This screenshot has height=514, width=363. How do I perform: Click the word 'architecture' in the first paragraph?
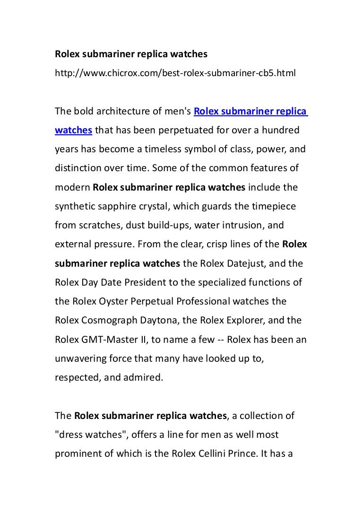[x=124, y=112]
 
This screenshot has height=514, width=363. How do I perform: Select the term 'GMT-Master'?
[x=107, y=339]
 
